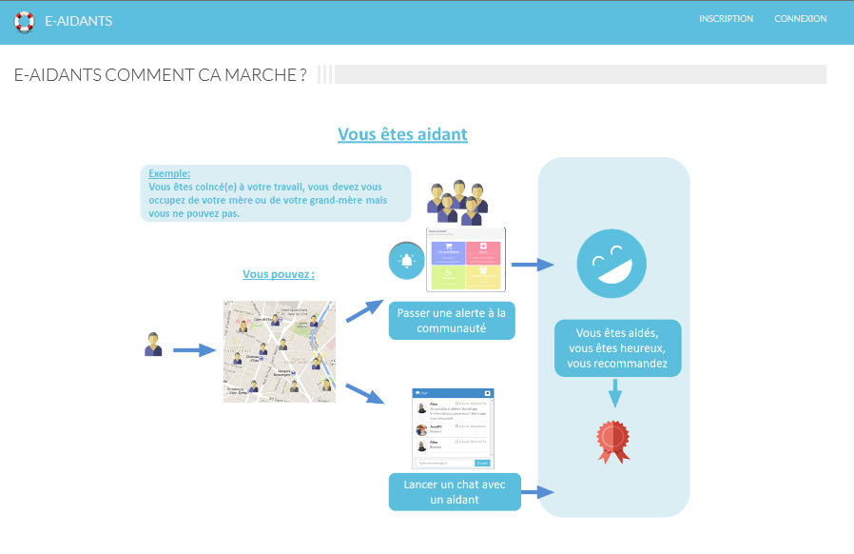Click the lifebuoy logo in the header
pyautogui.click(x=24, y=21)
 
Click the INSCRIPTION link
pyautogui.click(x=726, y=19)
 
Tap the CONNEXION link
pyautogui.click(x=800, y=19)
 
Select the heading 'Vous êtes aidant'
pyautogui.click(x=402, y=134)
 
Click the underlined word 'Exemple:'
pyautogui.click(x=169, y=174)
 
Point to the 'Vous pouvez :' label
pyautogui.click(x=279, y=274)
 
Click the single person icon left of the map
pyautogui.click(x=153, y=345)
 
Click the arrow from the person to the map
pyautogui.click(x=194, y=350)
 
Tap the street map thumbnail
pyautogui.click(x=280, y=351)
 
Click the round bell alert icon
pyautogui.click(x=407, y=261)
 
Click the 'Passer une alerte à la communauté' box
pyautogui.click(x=451, y=320)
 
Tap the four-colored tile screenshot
pyautogui.click(x=465, y=260)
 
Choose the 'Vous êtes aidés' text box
pyautogui.click(x=616, y=347)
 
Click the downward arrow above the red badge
pyautogui.click(x=614, y=392)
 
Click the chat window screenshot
pyautogui.click(x=453, y=428)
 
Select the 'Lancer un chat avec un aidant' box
pyautogui.click(x=455, y=491)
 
